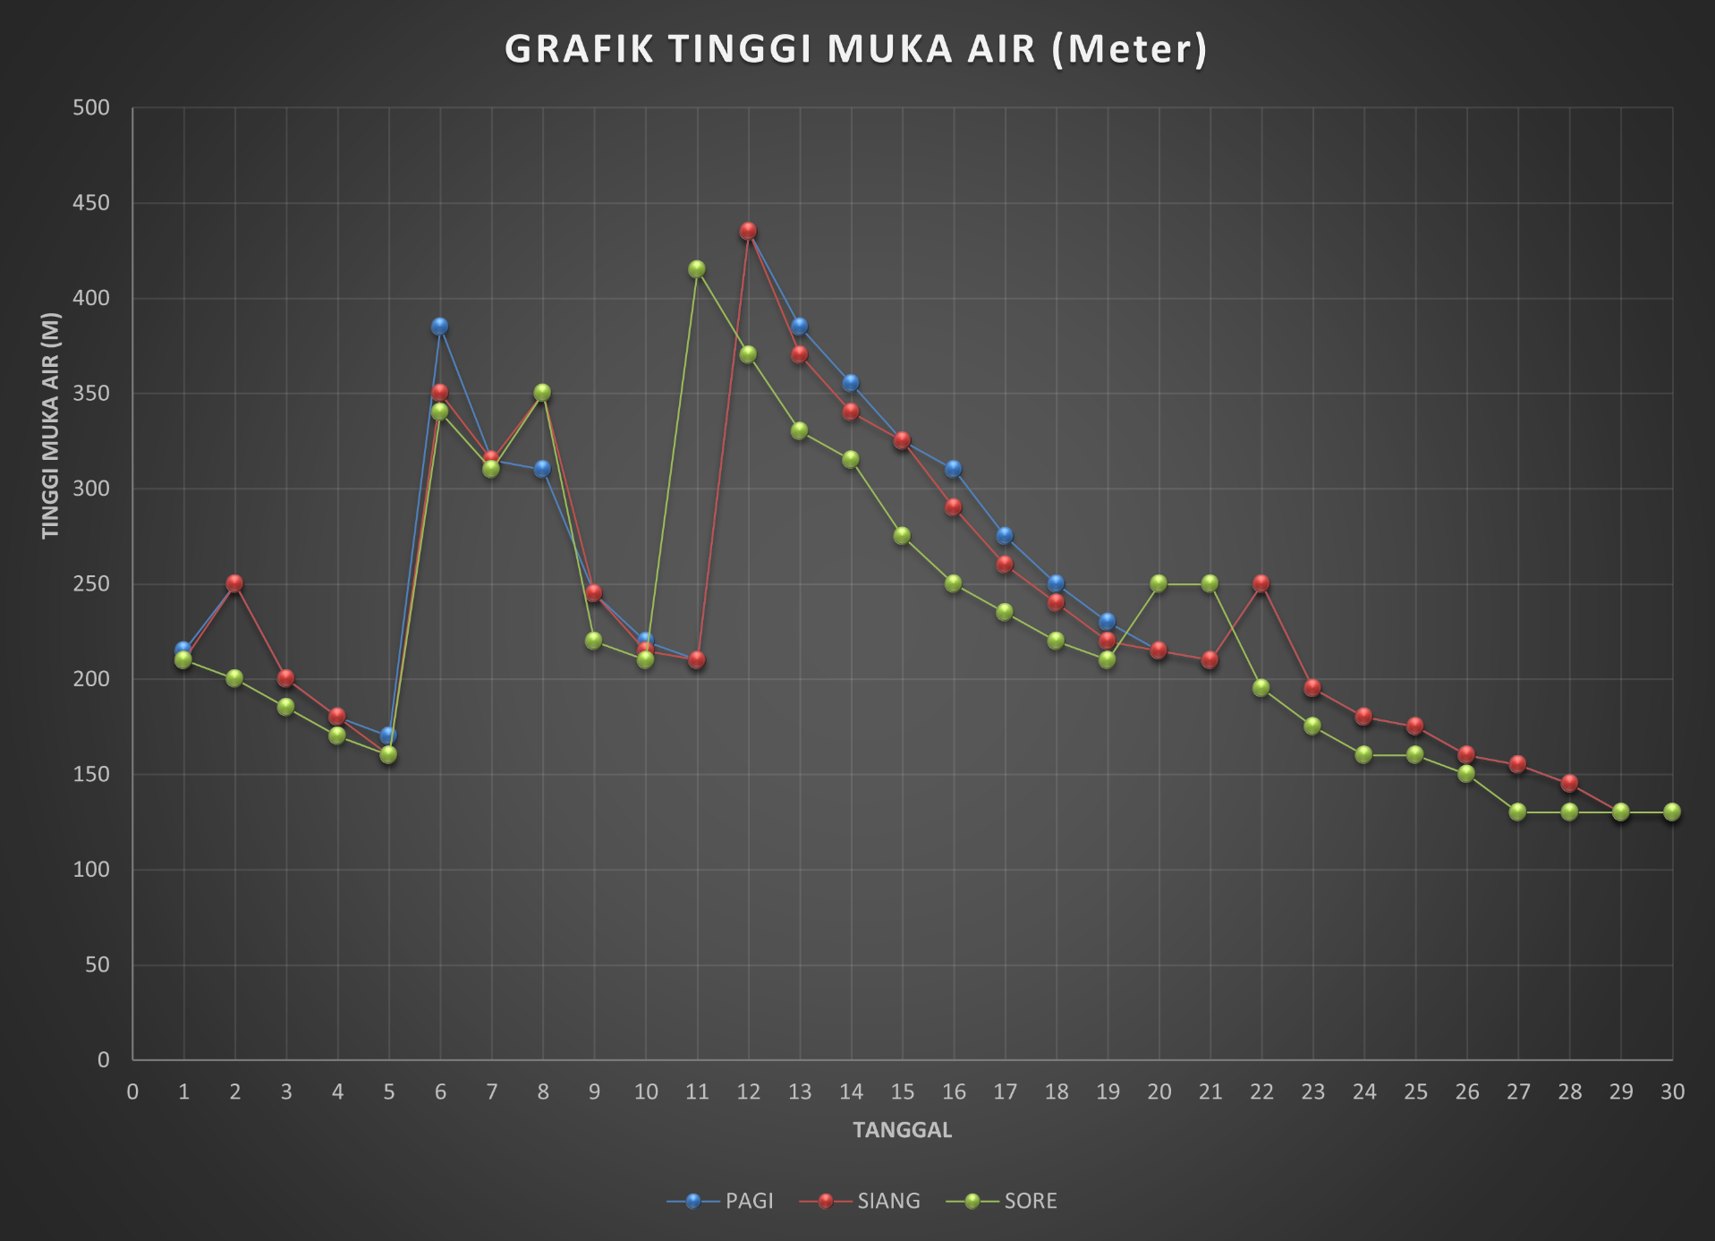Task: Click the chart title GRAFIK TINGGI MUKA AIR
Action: tap(856, 49)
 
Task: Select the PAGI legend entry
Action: tap(748, 1201)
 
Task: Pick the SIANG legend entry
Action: tap(887, 1201)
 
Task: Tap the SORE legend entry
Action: tap(1030, 1201)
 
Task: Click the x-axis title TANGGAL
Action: tap(902, 1130)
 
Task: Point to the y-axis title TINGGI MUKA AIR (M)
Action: tap(50, 426)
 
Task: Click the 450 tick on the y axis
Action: tap(91, 203)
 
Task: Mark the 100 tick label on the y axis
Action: tap(91, 870)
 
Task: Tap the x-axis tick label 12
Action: tap(748, 1092)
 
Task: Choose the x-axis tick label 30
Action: tap(1672, 1092)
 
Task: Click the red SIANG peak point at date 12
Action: tap(748, 231)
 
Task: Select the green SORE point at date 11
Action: tap(697, 269)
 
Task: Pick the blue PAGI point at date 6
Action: tap(439, 327)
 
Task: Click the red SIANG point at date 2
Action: tap(234, 583)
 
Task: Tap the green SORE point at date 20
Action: tap(1159, 583)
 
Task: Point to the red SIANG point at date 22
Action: tap(1261, 583)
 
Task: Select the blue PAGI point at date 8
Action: tap(542, 469)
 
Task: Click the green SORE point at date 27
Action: tap(1517, 812)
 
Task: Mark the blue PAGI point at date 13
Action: tap(799, 327)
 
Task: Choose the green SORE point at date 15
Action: tap(902, 536)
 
